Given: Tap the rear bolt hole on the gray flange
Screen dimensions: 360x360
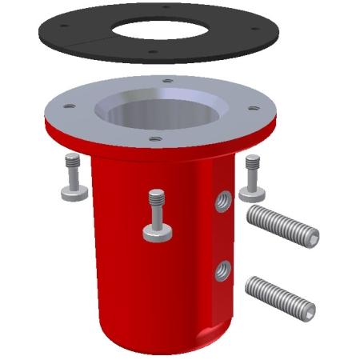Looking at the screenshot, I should [166, 80].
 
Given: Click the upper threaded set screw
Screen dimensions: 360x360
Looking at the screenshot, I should [282, 226].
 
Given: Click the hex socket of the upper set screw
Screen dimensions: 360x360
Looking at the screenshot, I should [313, 237].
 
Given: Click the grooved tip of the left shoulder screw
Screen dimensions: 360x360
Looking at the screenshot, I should [70, 160].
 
